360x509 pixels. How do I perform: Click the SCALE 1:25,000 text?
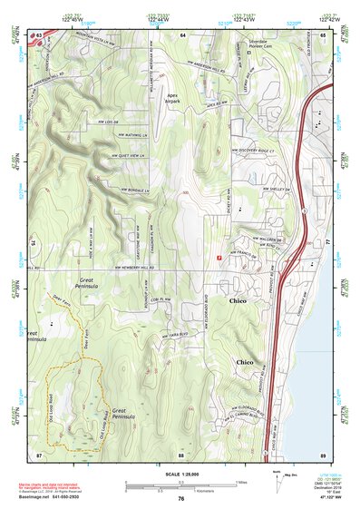180,475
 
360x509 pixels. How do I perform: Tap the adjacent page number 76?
180,499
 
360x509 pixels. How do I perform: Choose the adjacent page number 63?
38,34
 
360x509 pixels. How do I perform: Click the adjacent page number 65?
324,34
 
